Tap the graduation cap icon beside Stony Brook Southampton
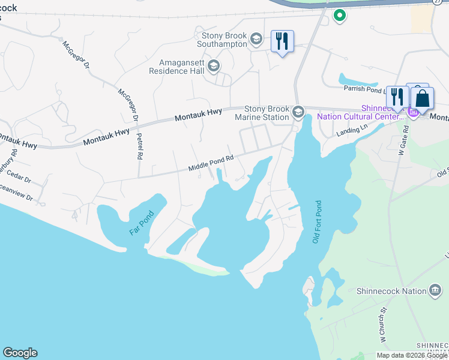click(x=256, y=40)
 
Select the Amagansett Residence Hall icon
click(x=214, y=66)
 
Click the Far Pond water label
click(x=142, y=222)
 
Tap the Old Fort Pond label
click(x=316, y=222)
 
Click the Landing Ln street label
click(x=352, y=130)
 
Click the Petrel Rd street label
click(x=139, y=147)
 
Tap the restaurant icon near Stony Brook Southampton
click(x=282, y=41)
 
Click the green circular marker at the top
click(x=340, y=16)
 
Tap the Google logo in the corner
click(x=20, y=353)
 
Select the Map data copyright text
click(x=412, y=355)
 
